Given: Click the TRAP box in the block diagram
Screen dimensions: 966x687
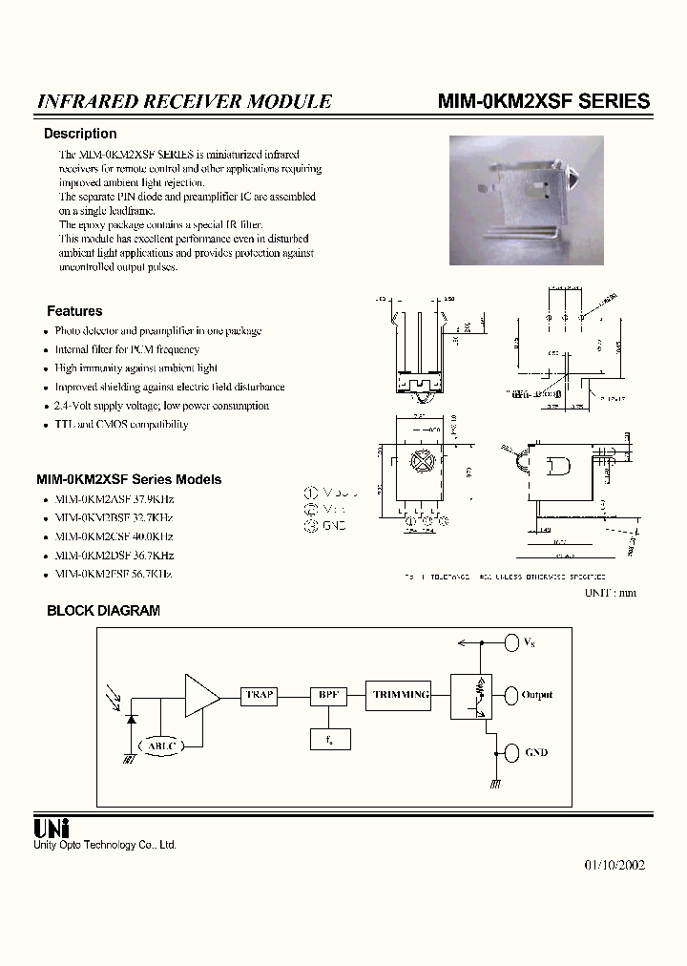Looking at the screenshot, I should point(260,696).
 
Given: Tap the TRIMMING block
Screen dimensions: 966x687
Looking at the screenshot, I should point(401,696).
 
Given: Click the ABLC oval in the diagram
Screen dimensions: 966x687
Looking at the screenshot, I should point(164,745).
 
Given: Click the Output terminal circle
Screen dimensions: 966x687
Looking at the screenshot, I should point(510,695).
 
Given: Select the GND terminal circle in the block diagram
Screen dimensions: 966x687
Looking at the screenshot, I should point(510,752).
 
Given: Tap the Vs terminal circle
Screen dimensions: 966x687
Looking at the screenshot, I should point(510,641).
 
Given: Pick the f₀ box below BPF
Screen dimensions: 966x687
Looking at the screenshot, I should point(329,738).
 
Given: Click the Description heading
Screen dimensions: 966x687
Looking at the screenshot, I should point(80,134).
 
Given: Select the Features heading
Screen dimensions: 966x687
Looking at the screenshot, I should point(74,311).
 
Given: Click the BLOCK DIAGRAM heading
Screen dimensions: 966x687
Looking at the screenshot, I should point(104,611).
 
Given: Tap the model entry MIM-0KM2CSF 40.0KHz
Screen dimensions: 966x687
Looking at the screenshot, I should point(114,536).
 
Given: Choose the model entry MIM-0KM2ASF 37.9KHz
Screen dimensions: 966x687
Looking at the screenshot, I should point(114,499).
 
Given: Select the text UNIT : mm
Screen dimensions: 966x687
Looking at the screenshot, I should point(610,593).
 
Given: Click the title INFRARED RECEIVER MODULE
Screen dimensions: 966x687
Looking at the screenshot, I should point(184,101).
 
